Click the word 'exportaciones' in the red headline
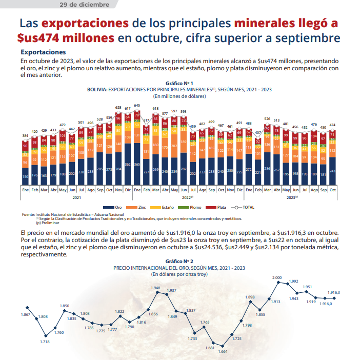tap(85, 24)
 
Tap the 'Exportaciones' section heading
tap(43, 52)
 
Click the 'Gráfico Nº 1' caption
tap(179, 83)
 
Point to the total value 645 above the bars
tap(137, 105)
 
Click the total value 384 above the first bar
tap(25, 136)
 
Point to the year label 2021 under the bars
tap(75, 197)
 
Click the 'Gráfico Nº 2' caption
tap(179, 261)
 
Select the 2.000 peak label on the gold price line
tap(277, 278)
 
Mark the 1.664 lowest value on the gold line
tap(223, 351)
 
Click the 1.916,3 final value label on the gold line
tap(334, 292)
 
